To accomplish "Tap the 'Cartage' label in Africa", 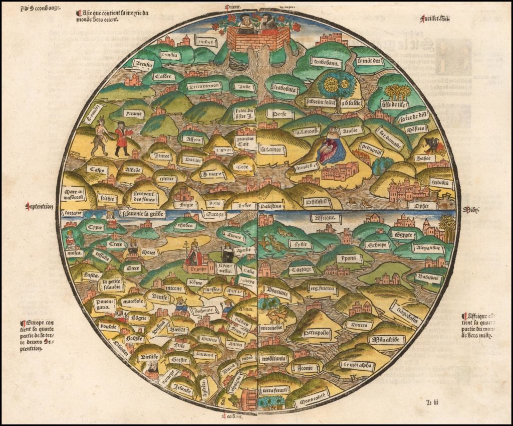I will (x=302, y=269).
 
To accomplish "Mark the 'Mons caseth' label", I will (x=310, y=401).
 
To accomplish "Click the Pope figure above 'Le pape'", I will (x=193, y=255).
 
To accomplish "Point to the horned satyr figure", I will (x=101, y=137).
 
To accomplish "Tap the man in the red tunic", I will (x=121, y=138).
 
